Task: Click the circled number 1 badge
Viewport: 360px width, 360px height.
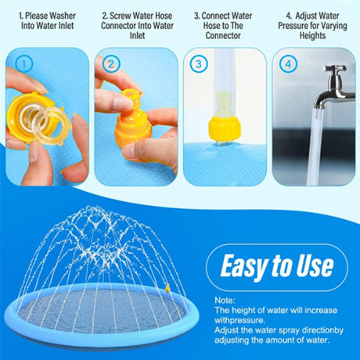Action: point(23,64)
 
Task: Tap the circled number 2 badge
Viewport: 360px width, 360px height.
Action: point(111,64)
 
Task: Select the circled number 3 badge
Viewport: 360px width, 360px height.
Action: point(199,64)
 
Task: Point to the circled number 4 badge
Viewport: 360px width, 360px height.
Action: point(288,64)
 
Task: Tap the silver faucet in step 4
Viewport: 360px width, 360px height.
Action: point(334,88)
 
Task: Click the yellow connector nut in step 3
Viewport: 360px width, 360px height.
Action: point(224,129)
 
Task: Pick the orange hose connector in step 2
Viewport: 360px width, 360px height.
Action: point(133,123)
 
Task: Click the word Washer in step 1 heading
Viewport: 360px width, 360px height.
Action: point(63,16)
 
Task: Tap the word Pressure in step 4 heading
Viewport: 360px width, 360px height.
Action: point(293,26)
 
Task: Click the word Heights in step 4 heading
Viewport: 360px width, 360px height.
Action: point(312,35)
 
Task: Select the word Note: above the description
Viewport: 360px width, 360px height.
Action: point(225,301)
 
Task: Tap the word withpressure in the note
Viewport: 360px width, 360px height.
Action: point(239,320)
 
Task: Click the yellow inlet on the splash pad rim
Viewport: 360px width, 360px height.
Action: point(167,288)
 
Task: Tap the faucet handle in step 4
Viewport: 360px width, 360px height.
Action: point(335,69)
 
